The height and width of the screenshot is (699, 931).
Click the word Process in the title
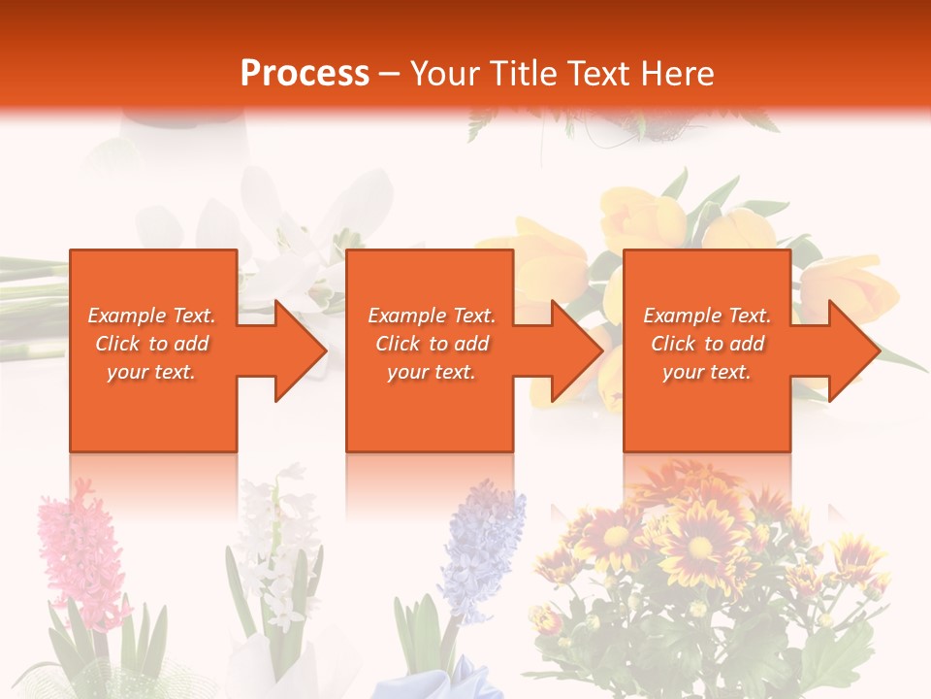[x=305, y=74]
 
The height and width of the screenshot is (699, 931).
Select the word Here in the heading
[x=676, y=74]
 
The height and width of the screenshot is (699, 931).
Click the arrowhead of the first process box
[x=299, y=350]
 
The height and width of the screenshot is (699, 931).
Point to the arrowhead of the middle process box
[x=575, y=350]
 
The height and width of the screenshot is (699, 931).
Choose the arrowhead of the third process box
[x=851, y=350]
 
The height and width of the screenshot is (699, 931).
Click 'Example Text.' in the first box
[x=152, y=316]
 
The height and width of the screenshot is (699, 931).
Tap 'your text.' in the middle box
[x=432, y=372]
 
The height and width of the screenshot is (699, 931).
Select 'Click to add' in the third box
[x=707, y=344]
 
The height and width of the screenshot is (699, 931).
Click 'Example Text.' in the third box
[x=707, y=316]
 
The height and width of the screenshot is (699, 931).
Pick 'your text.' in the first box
[x=152, y=372]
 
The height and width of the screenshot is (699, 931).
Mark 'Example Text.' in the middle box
[x=432, y=316]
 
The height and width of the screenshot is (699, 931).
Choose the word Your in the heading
[x=447, y=74]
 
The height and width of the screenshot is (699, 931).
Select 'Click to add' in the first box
[x=152, y=344]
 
